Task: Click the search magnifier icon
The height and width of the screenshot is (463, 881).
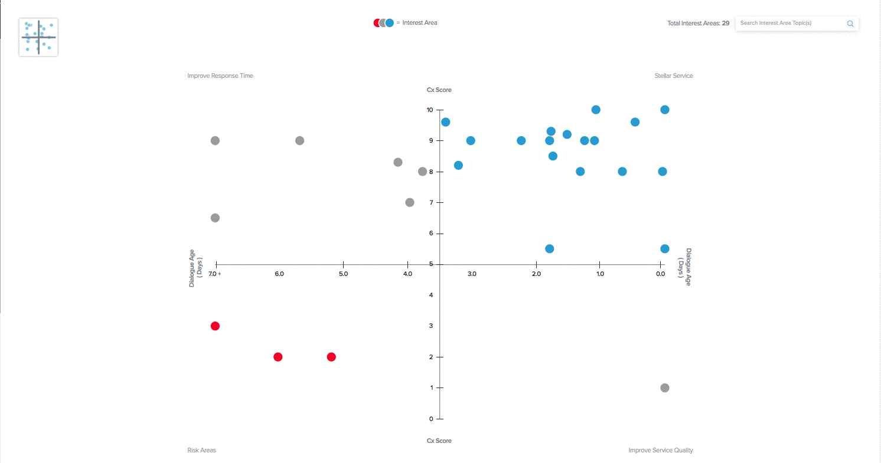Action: (x=850, y=24)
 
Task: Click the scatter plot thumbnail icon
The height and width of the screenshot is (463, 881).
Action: (x=38, y=37)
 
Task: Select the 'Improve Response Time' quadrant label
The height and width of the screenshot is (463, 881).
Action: (x=220, y=75)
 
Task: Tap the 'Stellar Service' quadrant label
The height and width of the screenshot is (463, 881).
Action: (x=673, y=75)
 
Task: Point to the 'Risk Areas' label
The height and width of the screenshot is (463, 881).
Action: (x=201, y=450)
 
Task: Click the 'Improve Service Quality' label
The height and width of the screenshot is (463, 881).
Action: (x=660, y=450)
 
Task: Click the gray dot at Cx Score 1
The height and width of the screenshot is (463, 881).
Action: (x=664, y=388)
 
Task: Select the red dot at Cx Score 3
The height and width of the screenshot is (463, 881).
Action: (x=215, y=326)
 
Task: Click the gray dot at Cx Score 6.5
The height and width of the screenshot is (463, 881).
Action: (x=215, y=218)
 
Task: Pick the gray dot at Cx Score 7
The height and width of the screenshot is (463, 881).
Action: (x=410, y=202)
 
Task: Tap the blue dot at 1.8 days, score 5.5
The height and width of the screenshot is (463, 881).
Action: (x=549, y=248)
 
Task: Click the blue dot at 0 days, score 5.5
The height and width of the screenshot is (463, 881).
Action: (x=664, y=248)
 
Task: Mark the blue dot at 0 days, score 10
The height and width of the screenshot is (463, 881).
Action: (x=664, y=110)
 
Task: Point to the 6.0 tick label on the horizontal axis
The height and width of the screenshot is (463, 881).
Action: (x=279, y=274)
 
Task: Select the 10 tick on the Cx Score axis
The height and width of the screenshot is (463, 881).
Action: (x=430, y=110)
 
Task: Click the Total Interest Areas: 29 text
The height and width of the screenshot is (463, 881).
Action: (x=698, y=24)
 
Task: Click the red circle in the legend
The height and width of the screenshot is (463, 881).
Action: (x=377, y=23)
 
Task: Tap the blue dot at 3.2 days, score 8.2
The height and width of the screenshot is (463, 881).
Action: (x=458, y=165)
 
